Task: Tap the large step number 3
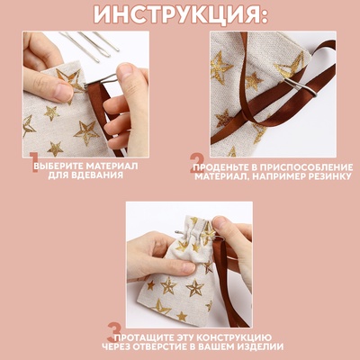[114, 334]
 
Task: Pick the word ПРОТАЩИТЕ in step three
[147, 336]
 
